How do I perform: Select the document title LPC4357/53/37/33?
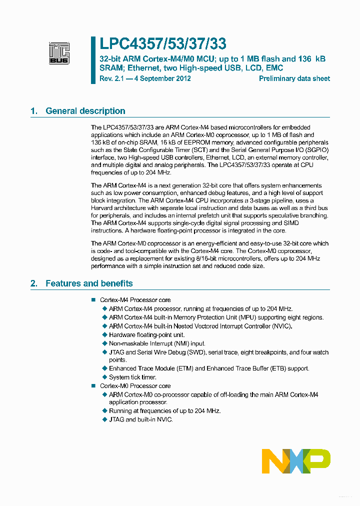(156, 44)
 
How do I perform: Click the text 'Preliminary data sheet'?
(294, 78)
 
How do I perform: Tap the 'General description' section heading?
(85, 111)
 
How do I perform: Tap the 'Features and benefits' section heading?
(89, 283)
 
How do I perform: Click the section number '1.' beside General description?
(34, 111)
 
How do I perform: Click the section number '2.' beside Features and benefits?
(34, 283)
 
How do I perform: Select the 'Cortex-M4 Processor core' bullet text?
(135, 300)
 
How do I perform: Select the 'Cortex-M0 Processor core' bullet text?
(135, 386)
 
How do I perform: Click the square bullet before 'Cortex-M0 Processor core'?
(93, 386)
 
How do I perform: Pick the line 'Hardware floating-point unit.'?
(146, 335)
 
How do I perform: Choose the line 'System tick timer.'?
(132, 377)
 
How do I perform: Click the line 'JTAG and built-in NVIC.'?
(140, 419)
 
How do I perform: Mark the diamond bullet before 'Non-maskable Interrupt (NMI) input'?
(104, 343)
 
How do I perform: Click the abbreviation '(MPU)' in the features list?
(247, 317)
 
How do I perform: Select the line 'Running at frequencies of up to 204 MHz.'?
(164, 411)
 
